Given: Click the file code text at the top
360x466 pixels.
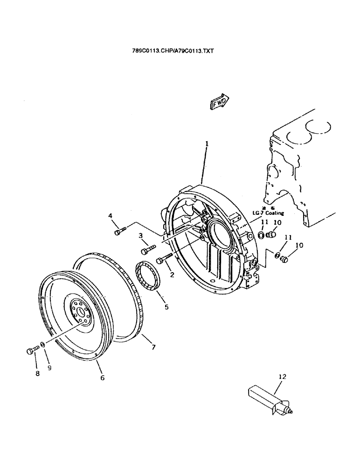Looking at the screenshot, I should (173, 51).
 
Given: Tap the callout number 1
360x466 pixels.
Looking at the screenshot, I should (207, 144).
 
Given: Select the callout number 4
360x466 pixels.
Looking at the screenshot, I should (111, 215).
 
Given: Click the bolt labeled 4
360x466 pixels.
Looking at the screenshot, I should (119, 230).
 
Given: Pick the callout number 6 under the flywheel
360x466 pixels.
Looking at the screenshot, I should (102, 377).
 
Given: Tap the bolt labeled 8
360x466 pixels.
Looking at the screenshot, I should (31, 350).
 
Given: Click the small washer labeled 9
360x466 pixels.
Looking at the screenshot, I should (42, 344).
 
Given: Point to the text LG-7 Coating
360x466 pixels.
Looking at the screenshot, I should (268, 213).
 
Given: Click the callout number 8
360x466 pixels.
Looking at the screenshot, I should (38, 373).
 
